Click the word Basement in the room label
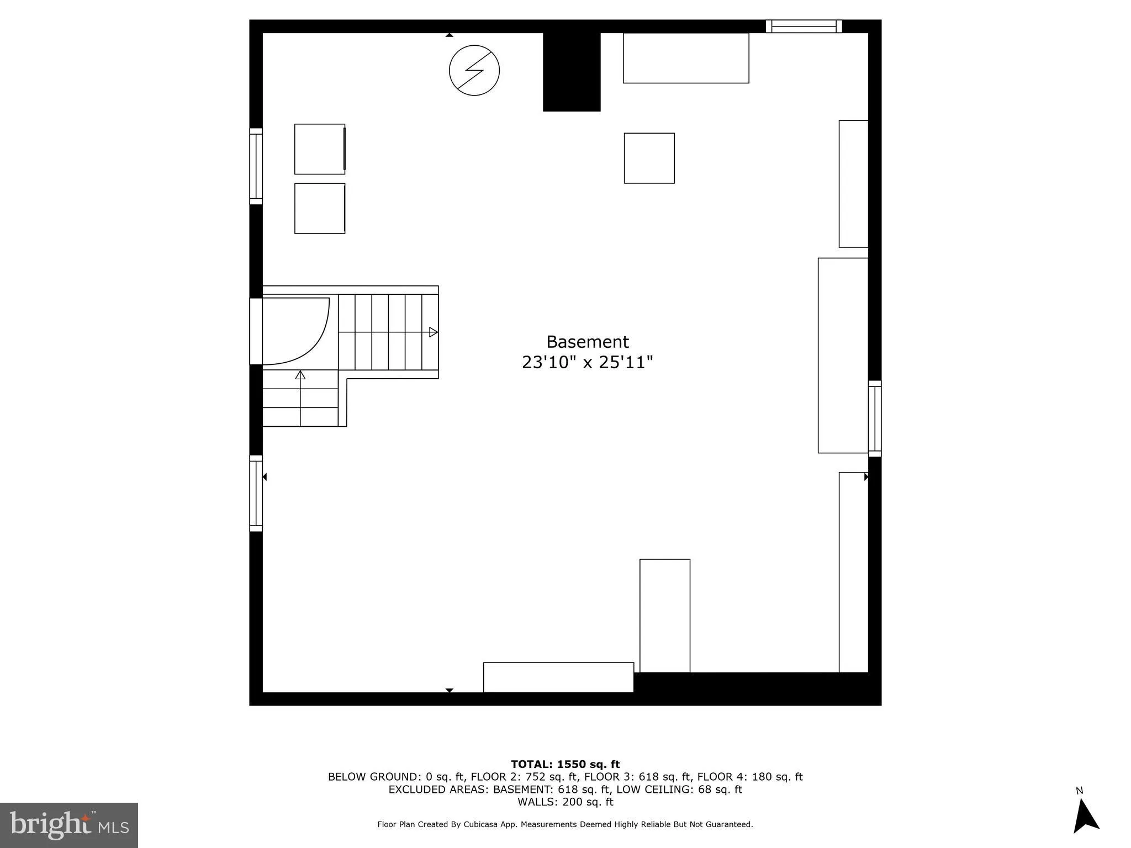click(587, 342)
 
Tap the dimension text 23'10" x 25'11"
click(587, 363)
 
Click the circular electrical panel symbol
click(474, 70)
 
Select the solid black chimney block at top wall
click(571, 71)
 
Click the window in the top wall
click(804, 26)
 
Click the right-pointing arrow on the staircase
click(433, 332)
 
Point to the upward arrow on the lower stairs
click(300, 375)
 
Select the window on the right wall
click(875, 418)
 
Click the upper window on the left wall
click(256, 166)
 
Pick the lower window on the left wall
click(256, 494)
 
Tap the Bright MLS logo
click(69, 825)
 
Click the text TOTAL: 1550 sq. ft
click(565, 765)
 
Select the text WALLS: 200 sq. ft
click(565, 802)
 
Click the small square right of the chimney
click(649, 158)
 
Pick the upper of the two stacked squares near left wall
click(320, 149)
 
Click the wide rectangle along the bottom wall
click(558, 677)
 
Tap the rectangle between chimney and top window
click(686, 58)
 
